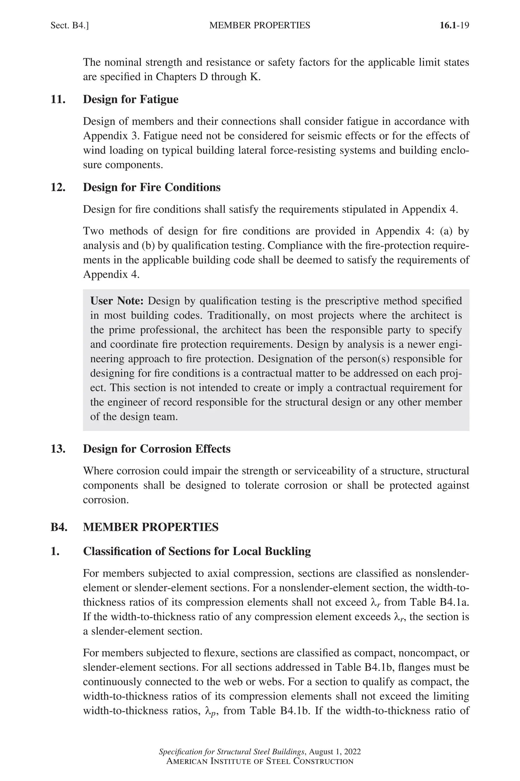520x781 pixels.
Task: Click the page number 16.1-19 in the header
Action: (x=454, y=25)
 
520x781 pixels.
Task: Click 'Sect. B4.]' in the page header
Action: (x=69, y=25)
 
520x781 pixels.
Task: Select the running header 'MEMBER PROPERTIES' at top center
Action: (x=260, y=25)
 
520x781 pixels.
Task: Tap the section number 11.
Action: (x=58, y=99)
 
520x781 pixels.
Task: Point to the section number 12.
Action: (x=58, y=187)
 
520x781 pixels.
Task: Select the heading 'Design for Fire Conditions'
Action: (x=152, y=187)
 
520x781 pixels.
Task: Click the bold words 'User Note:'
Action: (x=117, y=301)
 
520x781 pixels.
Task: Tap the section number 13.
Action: (x=58, y=449)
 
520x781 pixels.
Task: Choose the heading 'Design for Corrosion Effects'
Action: (x=156, y=449)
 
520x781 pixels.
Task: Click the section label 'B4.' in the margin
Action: (x=59, y=527)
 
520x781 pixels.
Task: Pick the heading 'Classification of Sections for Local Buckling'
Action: (x=197, y=551)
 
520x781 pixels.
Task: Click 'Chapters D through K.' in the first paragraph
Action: (x=208, y=77)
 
